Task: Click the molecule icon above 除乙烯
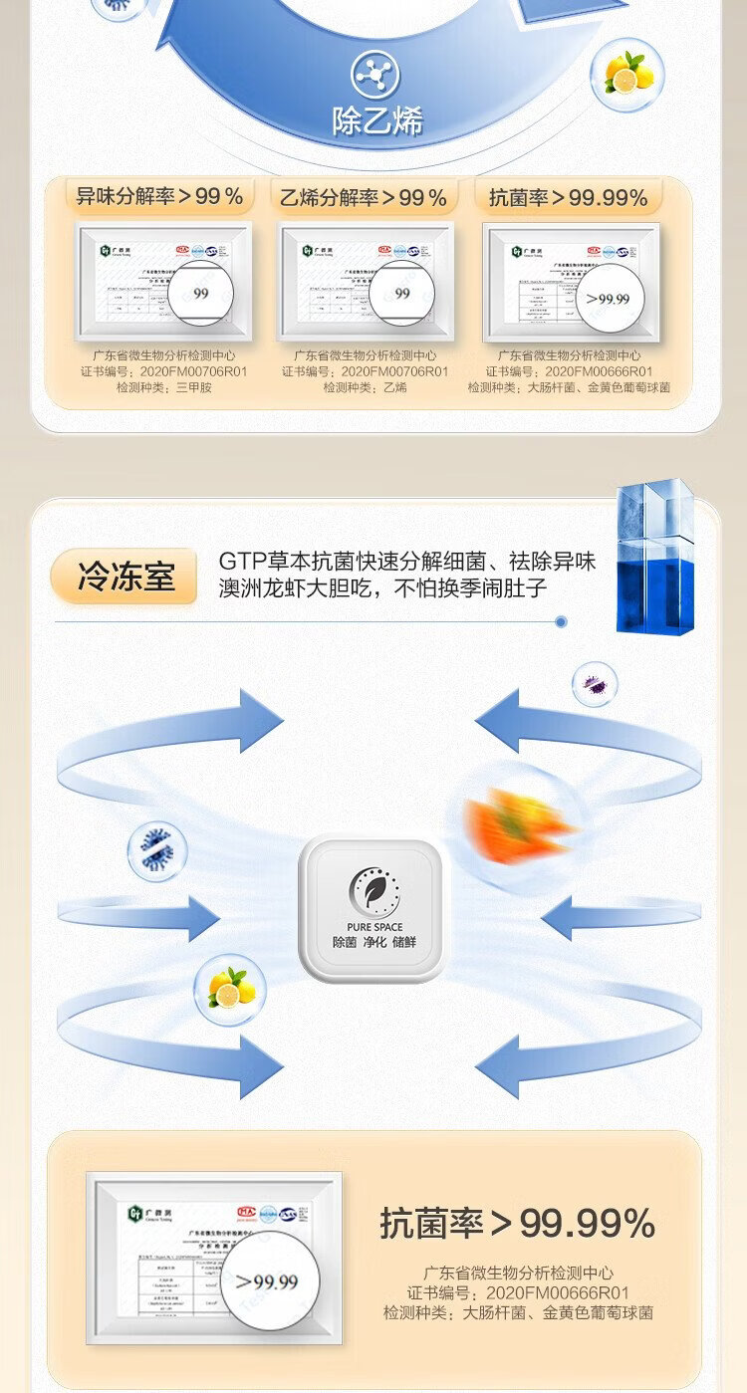pos(375,75)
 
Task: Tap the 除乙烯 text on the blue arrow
pos(376,121)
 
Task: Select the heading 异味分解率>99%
pos(159,196)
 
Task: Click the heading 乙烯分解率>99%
pos(364,197)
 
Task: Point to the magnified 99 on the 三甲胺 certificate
pos(200,293)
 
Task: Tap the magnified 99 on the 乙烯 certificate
pos(401,293)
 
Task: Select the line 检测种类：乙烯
pos(365,387)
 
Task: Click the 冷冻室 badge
pos(125,577)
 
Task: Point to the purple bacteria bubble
pos(595,684)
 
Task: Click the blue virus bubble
pos(157,850)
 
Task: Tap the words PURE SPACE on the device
pos(374,927)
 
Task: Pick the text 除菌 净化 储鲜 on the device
pos(374,942)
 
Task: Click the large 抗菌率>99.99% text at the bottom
pos(517,1224)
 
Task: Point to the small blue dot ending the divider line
pos(561,621)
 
